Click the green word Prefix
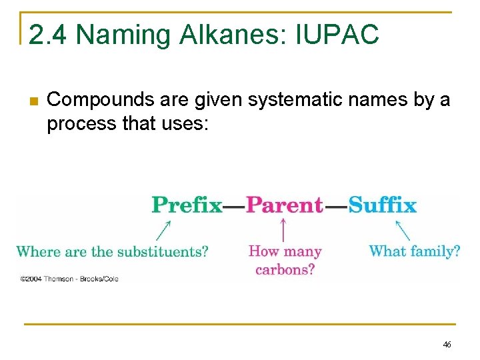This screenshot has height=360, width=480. [x=187, y=205]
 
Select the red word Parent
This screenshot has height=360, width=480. [x=285, y=205]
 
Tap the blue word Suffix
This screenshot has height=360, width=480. [x=382, y=205]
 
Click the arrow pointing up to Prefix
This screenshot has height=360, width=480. [x=163, y=230]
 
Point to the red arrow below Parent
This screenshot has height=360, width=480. [x=284, y=230]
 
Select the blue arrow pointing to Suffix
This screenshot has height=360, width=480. [x=403, y=230]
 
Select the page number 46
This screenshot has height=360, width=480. [x=447, y=345]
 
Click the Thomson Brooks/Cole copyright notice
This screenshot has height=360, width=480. [x=69, y=279]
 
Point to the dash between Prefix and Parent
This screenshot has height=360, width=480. [x=234, y=206]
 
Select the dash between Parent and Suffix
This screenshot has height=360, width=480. [x=335, y=206]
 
